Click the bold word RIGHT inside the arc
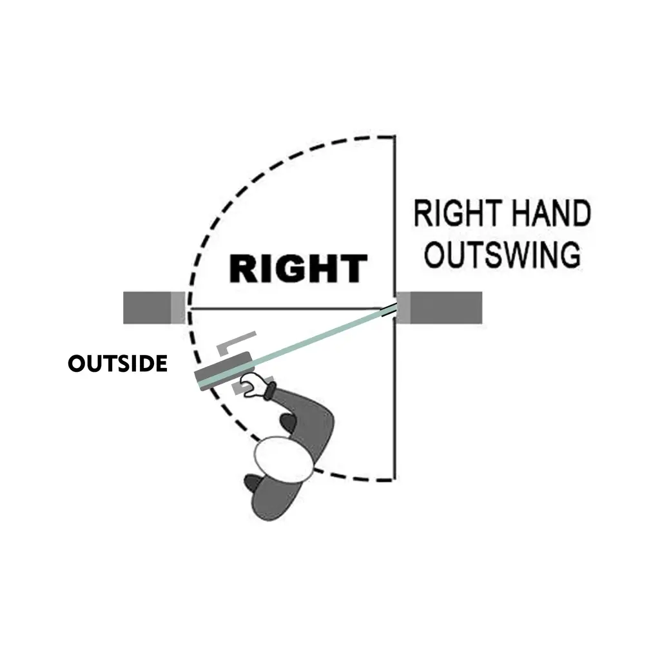point(298,269)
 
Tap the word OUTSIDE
point(117,364)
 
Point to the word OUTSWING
point(502,255)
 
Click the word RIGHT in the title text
point(455,215)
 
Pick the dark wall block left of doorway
point(148,307)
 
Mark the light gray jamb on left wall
point(178,307)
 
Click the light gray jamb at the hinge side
point(403,307)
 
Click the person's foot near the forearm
point(287,423)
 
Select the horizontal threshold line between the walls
point(290,309)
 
